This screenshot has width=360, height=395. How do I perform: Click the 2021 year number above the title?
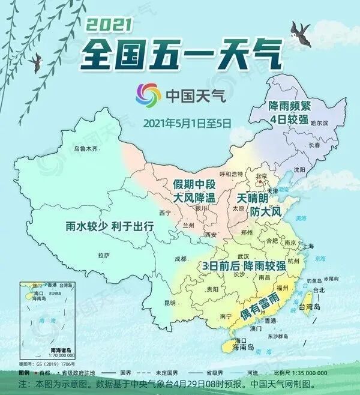pyautogui.click(x=109, y=25)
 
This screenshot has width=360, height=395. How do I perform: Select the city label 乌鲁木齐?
pyautogui.click(x=85, y=148)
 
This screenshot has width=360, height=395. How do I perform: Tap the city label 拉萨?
pyautogui.click(x=103, y=255)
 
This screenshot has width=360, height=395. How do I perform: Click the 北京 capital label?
pyautogui.click(x=261, y=176)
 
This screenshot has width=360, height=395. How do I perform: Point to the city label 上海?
pyautogui.click(x=309, y=246)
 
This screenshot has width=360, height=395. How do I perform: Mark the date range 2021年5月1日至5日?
pyautogui.click(x=187, y=124)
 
